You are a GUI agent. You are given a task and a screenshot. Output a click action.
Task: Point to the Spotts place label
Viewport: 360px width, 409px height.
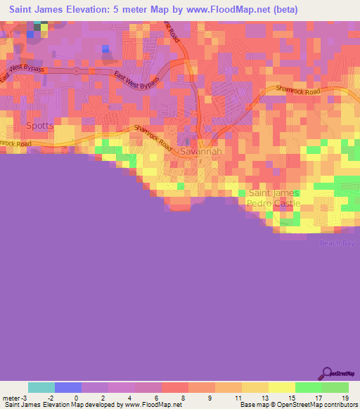[39, 126]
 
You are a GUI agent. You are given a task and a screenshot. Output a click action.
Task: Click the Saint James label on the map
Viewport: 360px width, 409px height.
[274, 193]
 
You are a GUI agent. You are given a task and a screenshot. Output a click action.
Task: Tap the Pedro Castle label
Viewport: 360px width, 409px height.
[274, 203]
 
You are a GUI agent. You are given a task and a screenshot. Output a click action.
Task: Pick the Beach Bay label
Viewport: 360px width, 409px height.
[338, 242]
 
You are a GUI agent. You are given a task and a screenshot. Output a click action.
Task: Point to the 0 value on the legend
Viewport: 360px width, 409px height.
[76, 398]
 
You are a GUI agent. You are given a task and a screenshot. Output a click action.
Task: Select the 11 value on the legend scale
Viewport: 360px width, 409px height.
[236, 398]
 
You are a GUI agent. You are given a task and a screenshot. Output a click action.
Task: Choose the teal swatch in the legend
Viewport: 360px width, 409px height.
[41, 387]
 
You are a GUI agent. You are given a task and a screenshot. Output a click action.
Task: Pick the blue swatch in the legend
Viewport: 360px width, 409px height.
[68, 387]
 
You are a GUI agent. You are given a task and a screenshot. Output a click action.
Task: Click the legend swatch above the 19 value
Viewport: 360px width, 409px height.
[335, 387]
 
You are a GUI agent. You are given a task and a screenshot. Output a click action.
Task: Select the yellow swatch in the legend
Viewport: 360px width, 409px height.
[281, 387]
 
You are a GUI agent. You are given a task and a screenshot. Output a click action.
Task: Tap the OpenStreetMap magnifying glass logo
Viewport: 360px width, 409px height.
[326, 373]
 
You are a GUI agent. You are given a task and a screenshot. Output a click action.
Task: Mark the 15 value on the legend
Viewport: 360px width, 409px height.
[290, 398]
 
